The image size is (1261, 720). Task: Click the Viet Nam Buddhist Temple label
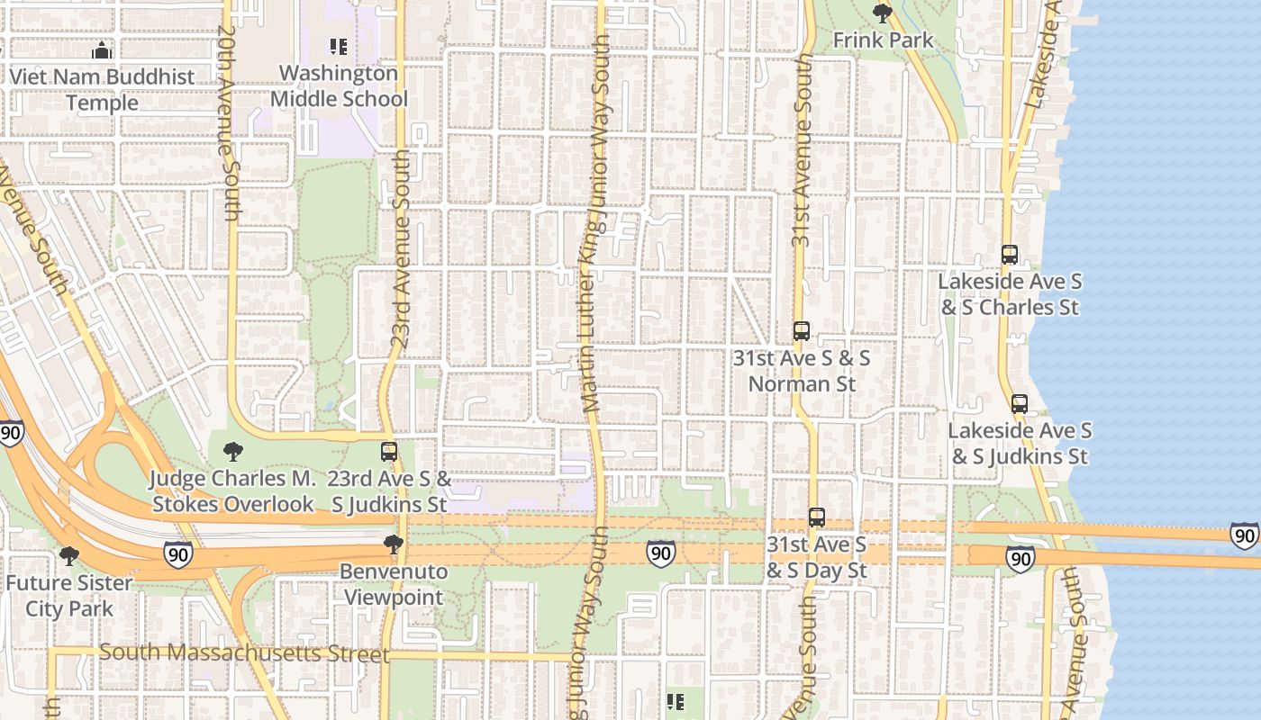[x=102, y=89]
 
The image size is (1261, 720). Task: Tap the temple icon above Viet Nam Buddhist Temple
[x=102, y=50]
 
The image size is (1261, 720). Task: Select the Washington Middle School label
[x=339, y=86]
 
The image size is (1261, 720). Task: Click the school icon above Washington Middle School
[x=339, y=46]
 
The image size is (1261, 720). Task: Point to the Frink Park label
[x=883, y=40]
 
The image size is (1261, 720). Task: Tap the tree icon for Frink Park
[x=883, y=13]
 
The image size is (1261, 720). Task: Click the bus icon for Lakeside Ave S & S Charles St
[x=1010, y=255]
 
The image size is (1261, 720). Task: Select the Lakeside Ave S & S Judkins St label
[x=1020, y=444]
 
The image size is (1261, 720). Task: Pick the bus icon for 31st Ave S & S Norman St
[x=801, y=331]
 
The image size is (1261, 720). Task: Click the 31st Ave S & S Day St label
[x=816, y=557]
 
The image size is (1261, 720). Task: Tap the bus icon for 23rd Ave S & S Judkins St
[x=389, y=451]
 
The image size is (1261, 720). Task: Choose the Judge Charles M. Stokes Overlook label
[x=232, y=490]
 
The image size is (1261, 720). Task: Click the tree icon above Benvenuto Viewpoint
[x=393, y=544]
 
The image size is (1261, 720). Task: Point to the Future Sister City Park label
[x=68, y=595]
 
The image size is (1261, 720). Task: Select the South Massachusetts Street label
[x=243, y=652]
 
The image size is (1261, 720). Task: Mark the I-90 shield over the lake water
[x=1244, y=536]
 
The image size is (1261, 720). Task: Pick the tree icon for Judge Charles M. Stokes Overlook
[x=232, y=451]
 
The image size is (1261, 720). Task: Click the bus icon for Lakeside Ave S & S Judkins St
[x=1020, y=404]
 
